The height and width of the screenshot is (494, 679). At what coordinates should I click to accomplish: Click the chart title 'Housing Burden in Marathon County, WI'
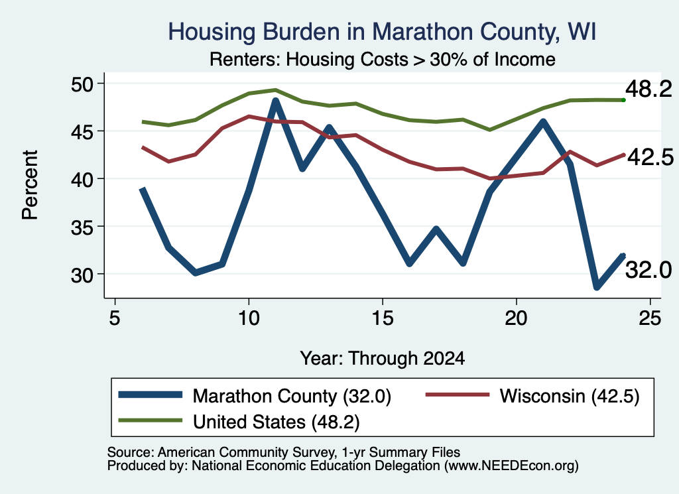(x=382, y=32)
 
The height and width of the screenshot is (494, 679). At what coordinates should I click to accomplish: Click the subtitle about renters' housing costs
(x=383, y=59)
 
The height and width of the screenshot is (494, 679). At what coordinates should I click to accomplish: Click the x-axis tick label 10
(x=249, y=319)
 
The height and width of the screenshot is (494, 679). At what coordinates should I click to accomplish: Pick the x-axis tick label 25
(x=650, y=319)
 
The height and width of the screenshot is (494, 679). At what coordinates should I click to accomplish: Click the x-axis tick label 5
(x=114, y=319)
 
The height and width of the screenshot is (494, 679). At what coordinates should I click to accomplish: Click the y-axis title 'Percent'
(x=31, y=185)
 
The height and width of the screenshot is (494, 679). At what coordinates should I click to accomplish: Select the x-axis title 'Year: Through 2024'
(x=383, y=359)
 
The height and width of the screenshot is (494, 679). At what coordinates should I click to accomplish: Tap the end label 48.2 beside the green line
(x=648, y=90)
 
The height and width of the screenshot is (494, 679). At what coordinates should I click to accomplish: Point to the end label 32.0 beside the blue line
(x=648, y=270)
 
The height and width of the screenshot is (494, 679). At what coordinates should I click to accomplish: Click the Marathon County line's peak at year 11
(x=275, y=101)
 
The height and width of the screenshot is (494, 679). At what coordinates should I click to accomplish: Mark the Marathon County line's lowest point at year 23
(x=597, y=286)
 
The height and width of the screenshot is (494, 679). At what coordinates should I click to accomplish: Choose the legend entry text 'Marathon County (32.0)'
(x=292, y=396)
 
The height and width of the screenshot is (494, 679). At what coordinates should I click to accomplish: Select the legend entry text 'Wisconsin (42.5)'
(x=570, y=396)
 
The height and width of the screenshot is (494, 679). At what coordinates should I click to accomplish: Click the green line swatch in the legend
(x=151, y=420)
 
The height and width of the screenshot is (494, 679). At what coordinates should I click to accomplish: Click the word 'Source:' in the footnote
(x=131, y=452)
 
